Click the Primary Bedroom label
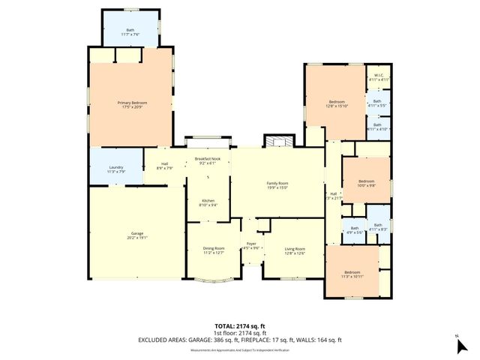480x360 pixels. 131,105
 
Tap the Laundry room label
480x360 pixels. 115,169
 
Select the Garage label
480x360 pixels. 136,235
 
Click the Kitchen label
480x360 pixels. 207,202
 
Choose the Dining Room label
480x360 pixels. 214,250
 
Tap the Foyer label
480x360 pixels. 250,245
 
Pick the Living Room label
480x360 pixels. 294,250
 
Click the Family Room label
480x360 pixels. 277,185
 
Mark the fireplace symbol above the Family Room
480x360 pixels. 275,142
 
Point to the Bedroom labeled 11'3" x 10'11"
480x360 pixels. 352,274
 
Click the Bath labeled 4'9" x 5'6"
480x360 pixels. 354,230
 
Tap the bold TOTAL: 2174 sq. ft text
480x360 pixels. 240,326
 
